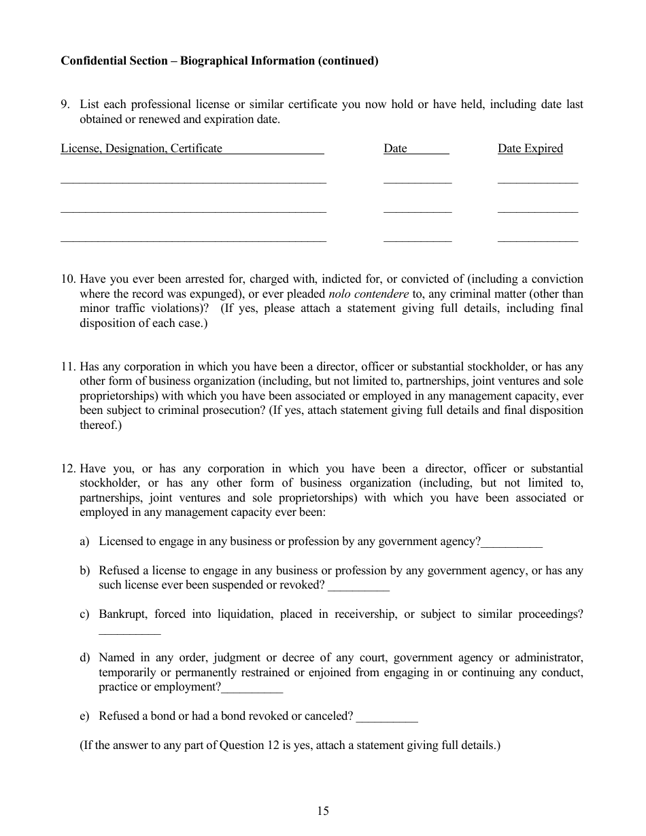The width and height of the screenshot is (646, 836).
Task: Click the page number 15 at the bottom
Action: (x=322, y=810)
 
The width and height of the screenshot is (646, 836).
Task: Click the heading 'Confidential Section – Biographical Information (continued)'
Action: (x=219, y=61)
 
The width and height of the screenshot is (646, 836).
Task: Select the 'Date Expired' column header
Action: (x=530, y=148)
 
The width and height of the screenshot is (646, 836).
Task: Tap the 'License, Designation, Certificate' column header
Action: (x=141, y=148)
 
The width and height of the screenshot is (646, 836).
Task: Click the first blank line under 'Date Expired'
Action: (x=537, y=181)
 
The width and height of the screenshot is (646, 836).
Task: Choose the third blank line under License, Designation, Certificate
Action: (x=193, y=239)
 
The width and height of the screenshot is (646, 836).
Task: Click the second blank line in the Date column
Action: (x=417, y=210)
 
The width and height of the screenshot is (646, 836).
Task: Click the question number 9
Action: (x=65, y=105)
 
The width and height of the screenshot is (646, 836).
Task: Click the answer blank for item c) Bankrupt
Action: (x=129, y=632)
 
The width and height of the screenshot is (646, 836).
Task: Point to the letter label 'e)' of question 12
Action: (x=84, y=716)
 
